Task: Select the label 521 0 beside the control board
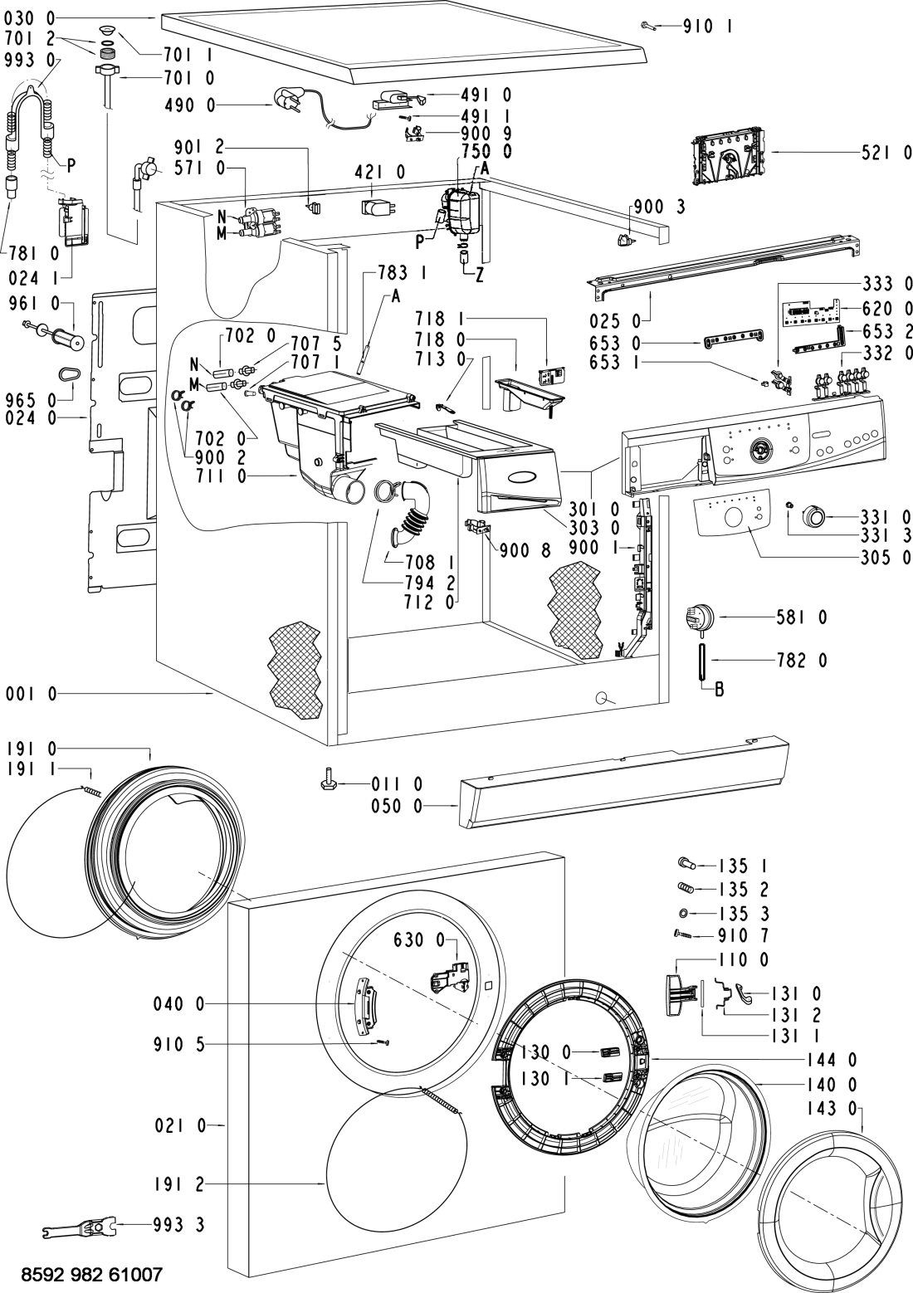pyautogui.click(x=886, y=153)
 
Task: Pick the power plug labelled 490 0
pyautogui.click(x=283, y=102)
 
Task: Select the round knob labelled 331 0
pyautogui.click(x=813, y=516)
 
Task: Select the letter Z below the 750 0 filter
pyautogui.click(x=479, y=278)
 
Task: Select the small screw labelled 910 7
pyautogui.click(x=682, y=934)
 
